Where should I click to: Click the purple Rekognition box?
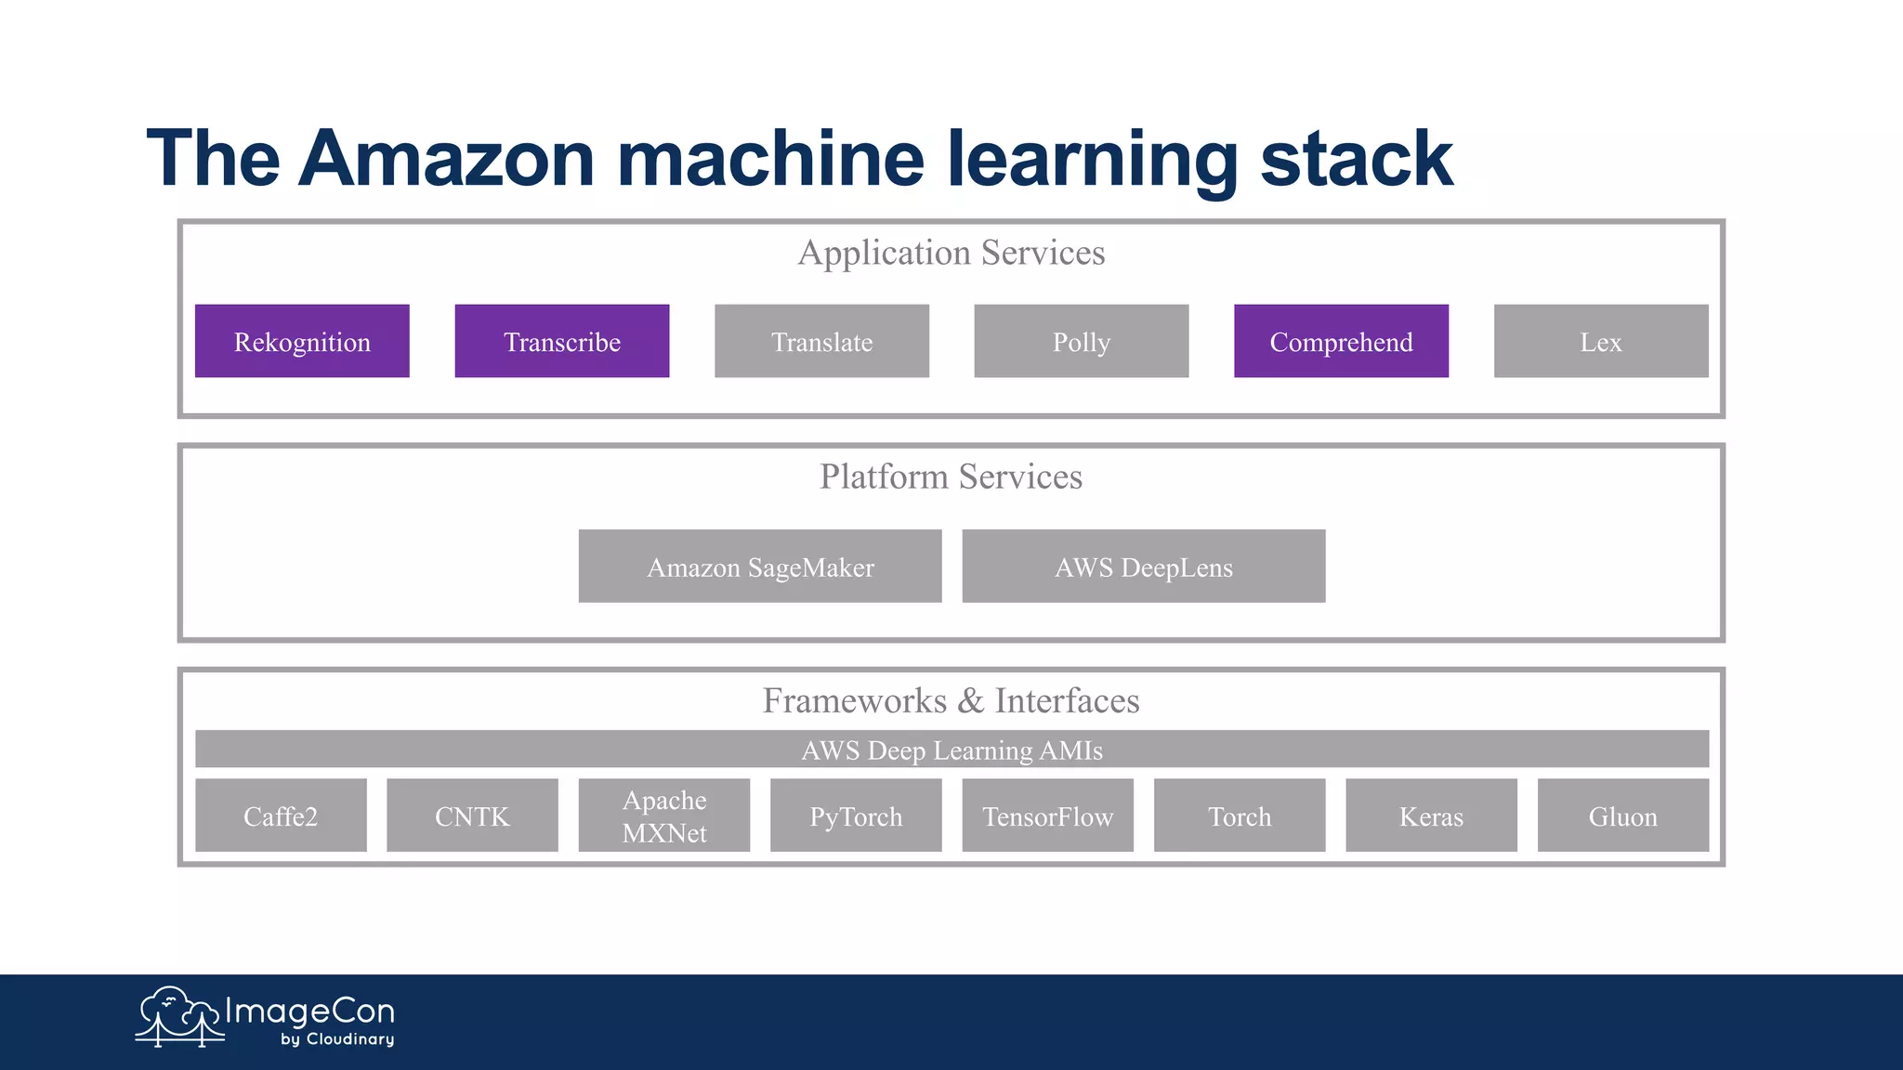pos(302,341)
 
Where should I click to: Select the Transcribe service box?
pos(561,341)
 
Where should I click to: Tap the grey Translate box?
pos(821,341)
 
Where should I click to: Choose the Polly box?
pos(1081,341)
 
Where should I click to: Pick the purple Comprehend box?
pos(1341,341)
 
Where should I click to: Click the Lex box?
pos(1600,341)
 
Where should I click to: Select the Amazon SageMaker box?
pos(759,567)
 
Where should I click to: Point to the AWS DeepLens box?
pos(1143,567)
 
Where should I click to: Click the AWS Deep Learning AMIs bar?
pos(951,750)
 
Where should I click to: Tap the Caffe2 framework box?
pos(281,816)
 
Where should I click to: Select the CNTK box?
pos(472,816)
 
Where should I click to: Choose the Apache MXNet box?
pos(663,816)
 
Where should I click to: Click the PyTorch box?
pos(856,816)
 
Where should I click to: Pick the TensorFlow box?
pos(1047,816)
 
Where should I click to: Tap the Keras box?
pos(1431,816)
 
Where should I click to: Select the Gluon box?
pos(1622,816)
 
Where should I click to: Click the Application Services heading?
pos(951,253)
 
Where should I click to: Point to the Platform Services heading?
pos(951,476)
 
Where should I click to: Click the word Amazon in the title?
pos(446,158)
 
